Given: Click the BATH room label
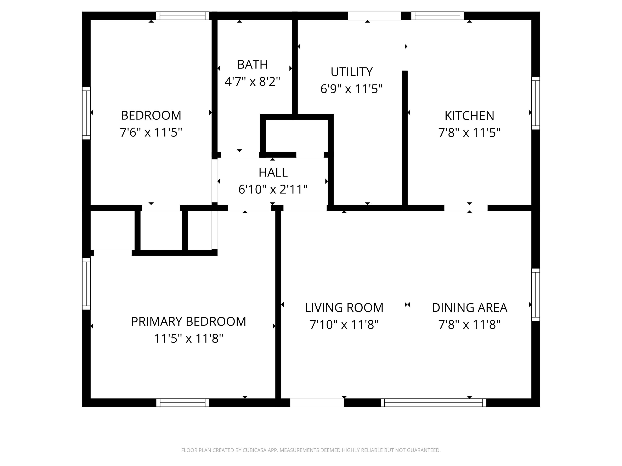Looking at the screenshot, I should pos(252,65).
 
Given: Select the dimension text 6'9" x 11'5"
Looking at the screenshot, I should pos(351,89).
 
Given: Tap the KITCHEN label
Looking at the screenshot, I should pos(469,116).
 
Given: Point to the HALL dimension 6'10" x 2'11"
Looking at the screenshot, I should pos(273,190).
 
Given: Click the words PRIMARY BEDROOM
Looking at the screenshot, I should pos(188,322).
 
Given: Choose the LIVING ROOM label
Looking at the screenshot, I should pos(344,308).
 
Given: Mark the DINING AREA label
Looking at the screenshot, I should pos(469,308).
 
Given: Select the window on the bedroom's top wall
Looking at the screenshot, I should pos(182,16).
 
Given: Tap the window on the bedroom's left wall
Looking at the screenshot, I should pos(86,113).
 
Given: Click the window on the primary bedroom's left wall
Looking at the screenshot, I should pos(86,284).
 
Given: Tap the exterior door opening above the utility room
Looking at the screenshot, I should pos(374,16).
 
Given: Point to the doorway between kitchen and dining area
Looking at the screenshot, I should pos(466,208).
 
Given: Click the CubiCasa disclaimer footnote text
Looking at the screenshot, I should pos(311,450).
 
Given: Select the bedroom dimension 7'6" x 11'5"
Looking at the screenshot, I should pos(151,132).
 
